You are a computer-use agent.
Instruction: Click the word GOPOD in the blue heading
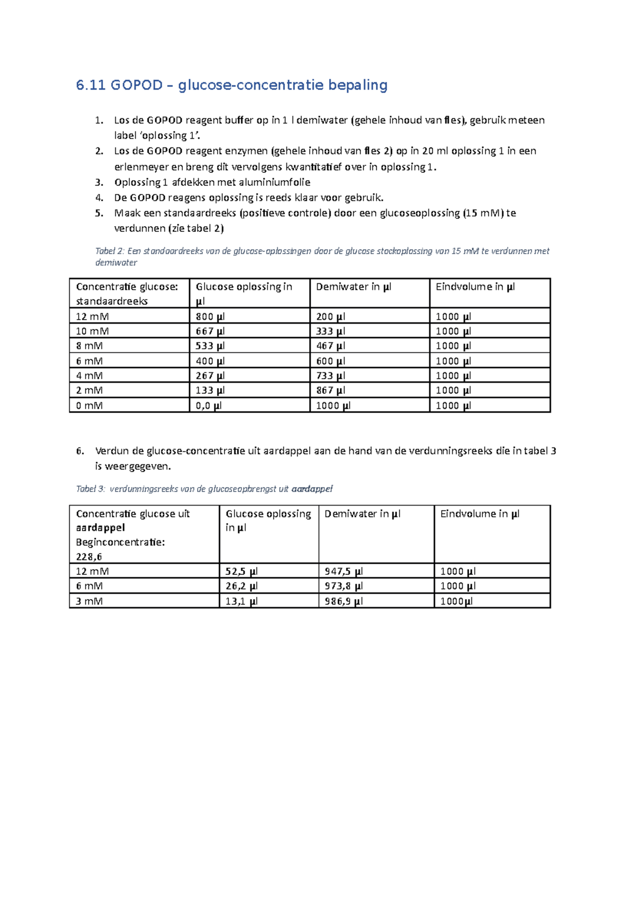(136, 85)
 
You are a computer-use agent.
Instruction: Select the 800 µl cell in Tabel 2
(210, 316)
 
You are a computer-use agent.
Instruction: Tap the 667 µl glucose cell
(210, 331)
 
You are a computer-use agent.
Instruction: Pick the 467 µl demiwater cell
(330, 346)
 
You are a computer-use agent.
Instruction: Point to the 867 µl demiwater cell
(330, 390)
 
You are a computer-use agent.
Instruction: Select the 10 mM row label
(92, 331)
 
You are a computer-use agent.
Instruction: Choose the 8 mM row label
(89, 346)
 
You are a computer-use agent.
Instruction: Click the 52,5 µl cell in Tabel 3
(241, 571)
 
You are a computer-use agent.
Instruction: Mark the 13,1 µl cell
(241, 601)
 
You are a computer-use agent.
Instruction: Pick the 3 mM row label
(89, 601)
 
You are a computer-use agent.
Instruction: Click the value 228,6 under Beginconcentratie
(89, 557)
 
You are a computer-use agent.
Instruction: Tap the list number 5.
(99, 213)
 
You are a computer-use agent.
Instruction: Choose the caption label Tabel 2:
(110, 251)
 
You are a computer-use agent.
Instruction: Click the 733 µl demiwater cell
(330, 376)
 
